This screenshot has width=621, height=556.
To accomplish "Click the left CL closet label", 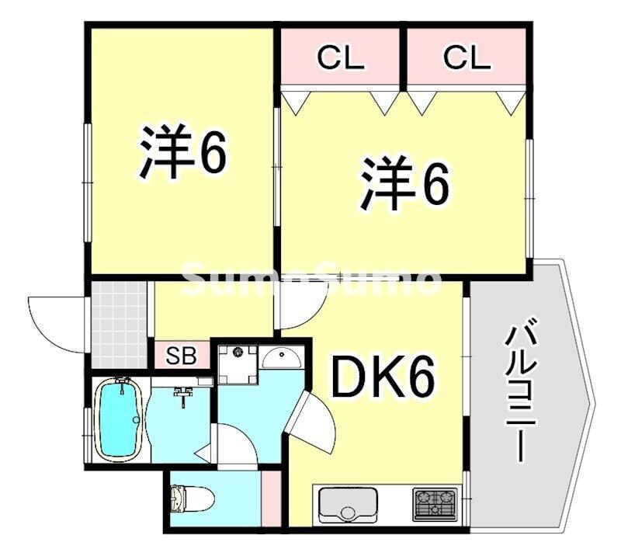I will [340, 57].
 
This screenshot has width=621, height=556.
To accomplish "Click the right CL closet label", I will [467, 57].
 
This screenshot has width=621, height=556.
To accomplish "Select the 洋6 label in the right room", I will [404, 183].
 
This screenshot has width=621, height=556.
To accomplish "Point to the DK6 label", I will [382, 378].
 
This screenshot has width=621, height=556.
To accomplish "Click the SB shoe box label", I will [180, 357].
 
